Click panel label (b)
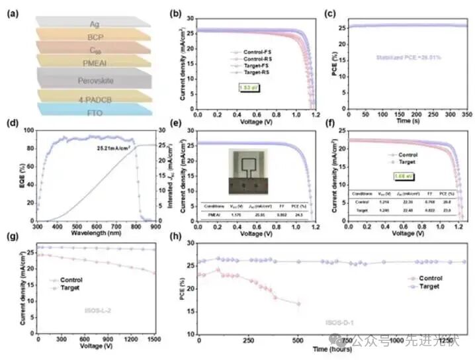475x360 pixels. (x=176, y=13)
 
